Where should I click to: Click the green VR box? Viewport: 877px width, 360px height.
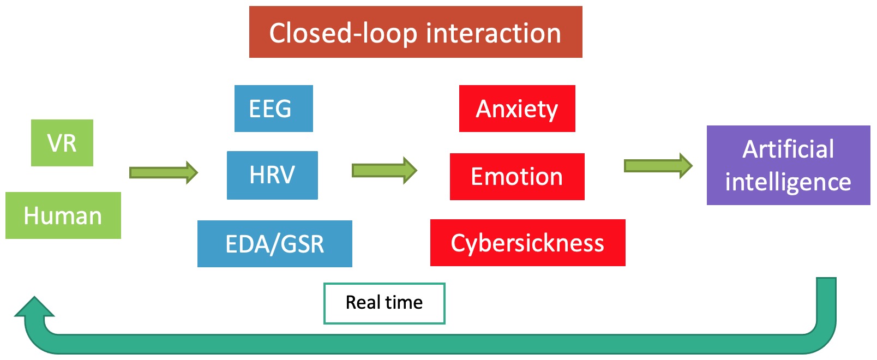(x=62, y=143)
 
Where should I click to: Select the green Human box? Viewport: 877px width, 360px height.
(x=63, y=215)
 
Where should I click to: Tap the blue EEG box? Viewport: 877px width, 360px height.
(x=274, y=109)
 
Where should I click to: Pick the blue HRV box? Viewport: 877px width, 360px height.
(x=273, y=175)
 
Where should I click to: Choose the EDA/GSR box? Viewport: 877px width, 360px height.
(x=275, y=244)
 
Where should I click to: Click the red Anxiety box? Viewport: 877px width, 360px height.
(x=517, y=109)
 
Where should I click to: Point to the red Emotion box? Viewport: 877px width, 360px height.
(x=517, y=177)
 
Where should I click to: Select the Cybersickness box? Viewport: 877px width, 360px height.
(x=528, y=243)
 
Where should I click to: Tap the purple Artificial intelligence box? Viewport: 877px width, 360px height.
(x=789, y=165)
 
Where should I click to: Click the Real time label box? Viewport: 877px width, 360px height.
(x=385, y=304)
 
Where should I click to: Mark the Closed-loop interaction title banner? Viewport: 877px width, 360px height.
(x=416, y=32)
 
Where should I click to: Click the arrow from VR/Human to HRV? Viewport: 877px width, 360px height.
(x=164, y=172)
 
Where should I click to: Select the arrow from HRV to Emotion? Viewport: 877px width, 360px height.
(x=385, y=170)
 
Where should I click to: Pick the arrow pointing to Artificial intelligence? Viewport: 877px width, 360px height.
(x=658, y=166)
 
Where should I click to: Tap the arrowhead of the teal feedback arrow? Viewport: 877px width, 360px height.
(x=34, y=307)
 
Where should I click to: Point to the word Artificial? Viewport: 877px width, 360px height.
(x=788, y=149)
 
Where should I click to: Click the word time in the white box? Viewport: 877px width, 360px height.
(x=404, y=302)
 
